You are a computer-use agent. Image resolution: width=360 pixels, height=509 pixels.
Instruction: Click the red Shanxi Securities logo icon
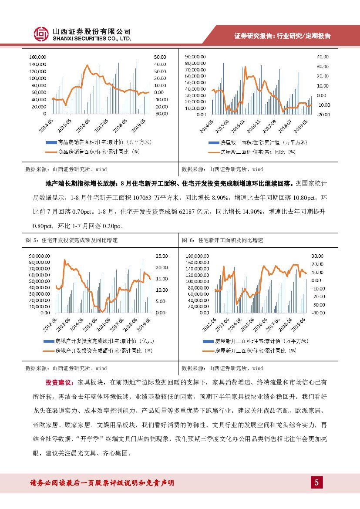[41, 34]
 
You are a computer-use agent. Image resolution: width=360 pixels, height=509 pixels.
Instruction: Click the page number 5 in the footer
[316, 482]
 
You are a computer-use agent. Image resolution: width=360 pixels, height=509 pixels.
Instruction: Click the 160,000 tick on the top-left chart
[38, 57]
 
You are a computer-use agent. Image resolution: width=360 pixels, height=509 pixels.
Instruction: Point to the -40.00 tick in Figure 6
[318, 313]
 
